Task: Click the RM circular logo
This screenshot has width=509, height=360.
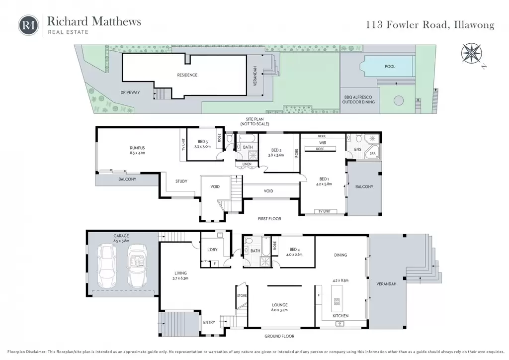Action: (28, 25)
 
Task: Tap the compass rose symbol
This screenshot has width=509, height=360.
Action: (471, 54)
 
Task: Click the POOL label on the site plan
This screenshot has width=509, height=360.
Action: (390, 66)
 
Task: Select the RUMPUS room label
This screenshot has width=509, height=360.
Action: (137, 148)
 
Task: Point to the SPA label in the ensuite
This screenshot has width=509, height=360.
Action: (373, 154)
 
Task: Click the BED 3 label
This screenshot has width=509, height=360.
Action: (203, 142)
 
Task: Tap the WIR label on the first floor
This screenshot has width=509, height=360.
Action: (323, 143)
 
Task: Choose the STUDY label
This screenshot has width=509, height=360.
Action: (181, 181)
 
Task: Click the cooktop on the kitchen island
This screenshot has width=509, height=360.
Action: (337, 301)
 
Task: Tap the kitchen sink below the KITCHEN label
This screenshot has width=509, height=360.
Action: (339, 323)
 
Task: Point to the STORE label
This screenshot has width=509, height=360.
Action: (242, 296)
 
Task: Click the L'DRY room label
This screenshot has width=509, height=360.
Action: (212, 250)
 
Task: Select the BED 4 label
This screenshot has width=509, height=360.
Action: (294, 249)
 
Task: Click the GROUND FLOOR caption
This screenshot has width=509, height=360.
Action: (279, 336)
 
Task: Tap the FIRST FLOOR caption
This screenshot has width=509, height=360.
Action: (269, 219)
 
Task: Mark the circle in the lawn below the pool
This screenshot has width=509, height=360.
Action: (398, 100)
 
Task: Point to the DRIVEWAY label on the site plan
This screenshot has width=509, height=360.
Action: (130, 92)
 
